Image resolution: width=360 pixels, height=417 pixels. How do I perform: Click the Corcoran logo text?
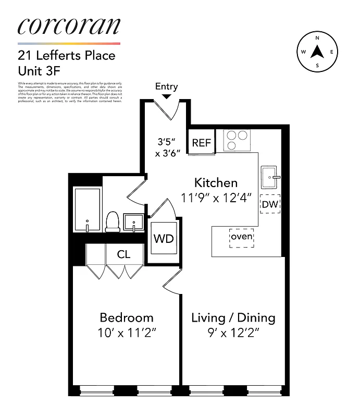coord(69,26)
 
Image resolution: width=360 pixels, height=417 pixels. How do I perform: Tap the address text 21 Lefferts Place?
coord(67,55)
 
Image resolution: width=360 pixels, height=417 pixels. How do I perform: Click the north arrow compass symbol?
coord(317,52)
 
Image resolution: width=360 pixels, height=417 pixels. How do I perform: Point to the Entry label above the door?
coord(166,87)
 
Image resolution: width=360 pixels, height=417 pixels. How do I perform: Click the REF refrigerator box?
coord(201,143)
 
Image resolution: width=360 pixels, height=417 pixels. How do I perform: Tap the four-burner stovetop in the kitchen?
coord(237,140)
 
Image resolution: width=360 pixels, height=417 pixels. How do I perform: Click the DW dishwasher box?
coord(270,204)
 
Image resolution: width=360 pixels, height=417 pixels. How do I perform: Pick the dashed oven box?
coord(242,237)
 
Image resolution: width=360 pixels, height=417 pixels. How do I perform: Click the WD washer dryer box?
coord(163,238)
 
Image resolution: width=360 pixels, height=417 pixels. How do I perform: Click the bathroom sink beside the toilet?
coord(134,222)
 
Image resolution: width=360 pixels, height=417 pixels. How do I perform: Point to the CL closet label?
coord(123,254)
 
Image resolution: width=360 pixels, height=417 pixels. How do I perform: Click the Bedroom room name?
coord(127,317)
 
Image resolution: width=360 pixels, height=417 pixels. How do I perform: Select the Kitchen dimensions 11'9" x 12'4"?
coord(216,198)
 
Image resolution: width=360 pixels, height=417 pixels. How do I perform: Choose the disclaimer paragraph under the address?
coord(70,92)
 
